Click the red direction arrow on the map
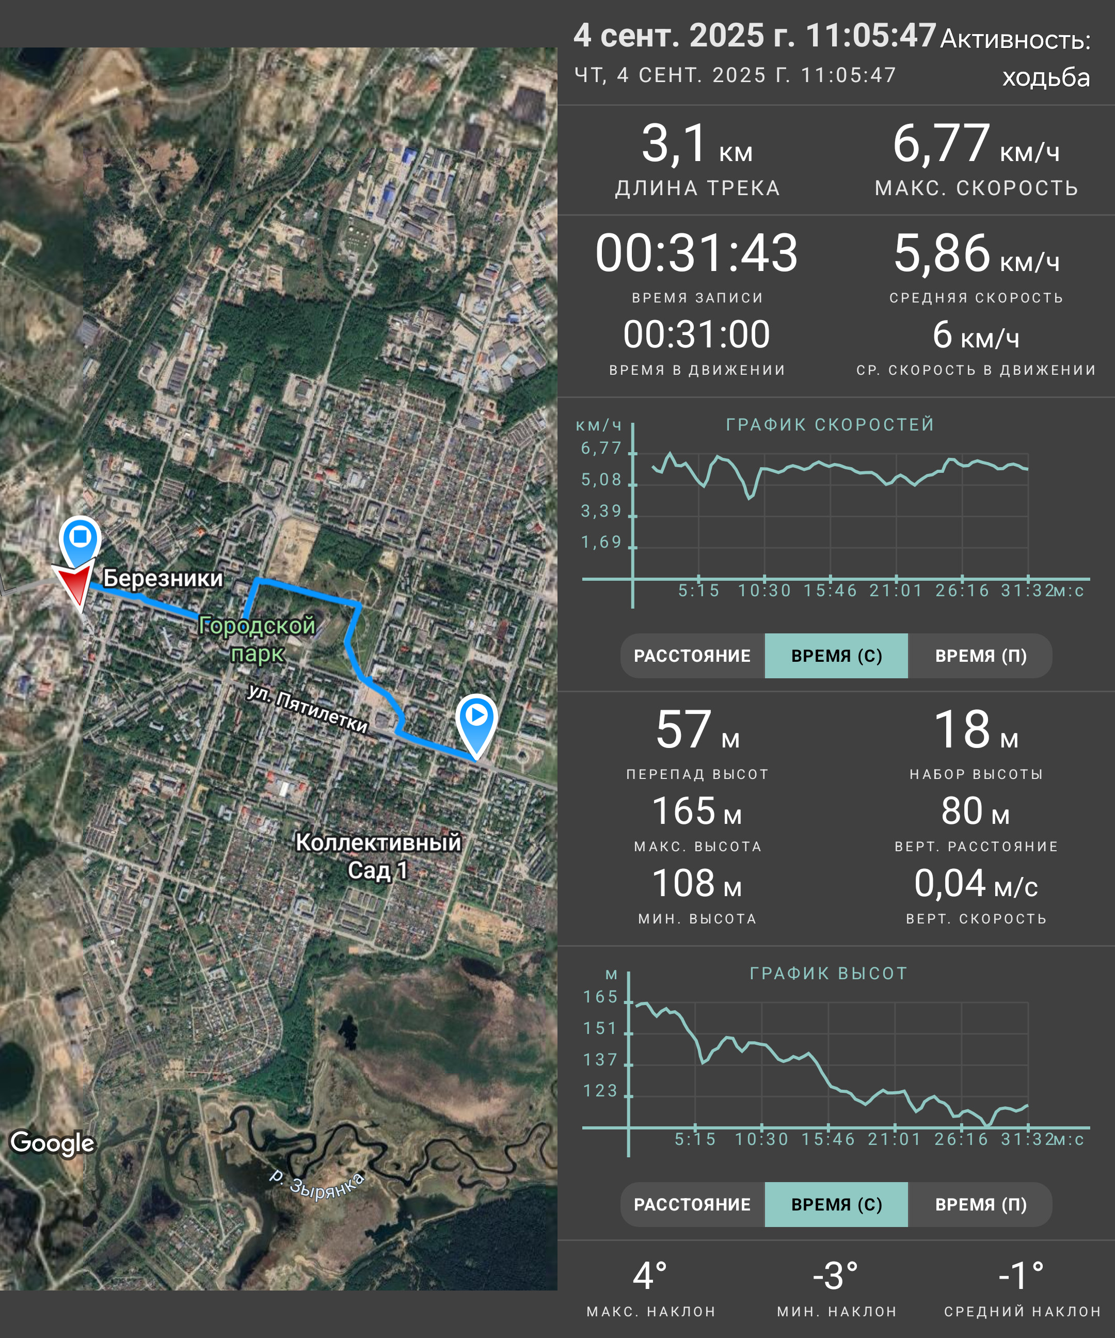pos(76,584)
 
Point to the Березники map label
pos(163,578)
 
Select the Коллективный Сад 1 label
pos(378,856)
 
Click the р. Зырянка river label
pos(316,1185)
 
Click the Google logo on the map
pos(52,1143)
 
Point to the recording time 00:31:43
pos(696,253)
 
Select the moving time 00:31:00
pos(696,334)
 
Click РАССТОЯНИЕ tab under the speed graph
pos(693,656)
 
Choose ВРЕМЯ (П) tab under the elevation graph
pos(981,1204)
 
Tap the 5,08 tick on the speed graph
pos(601,480)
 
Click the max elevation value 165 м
pos(697,811)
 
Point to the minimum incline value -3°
pos(835,1276)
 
